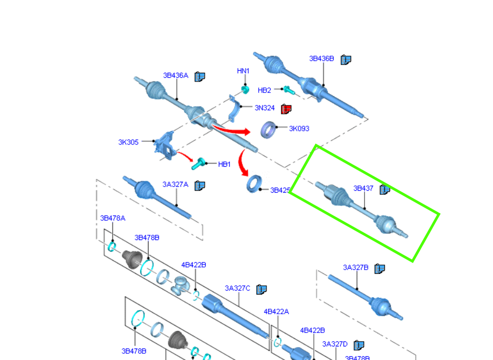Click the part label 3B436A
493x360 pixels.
(176, 76)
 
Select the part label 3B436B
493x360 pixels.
(322, 59)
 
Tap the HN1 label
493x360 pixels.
(243, 71)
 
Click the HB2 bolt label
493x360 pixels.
(264, 90)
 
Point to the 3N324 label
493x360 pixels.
(264, 108)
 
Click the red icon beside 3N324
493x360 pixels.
(286, 109)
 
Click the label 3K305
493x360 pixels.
(128, 142)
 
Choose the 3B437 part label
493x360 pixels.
(363, 189)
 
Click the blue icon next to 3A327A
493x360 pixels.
(199, 185)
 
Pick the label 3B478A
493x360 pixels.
(113, 218)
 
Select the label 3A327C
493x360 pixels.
(237, 288)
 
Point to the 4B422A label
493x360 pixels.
(276, 312)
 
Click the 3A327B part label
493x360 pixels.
(355, 268)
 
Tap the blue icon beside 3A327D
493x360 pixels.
(358, 345)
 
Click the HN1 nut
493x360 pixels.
(245, 89)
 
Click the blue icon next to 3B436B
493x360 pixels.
(346, 60)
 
